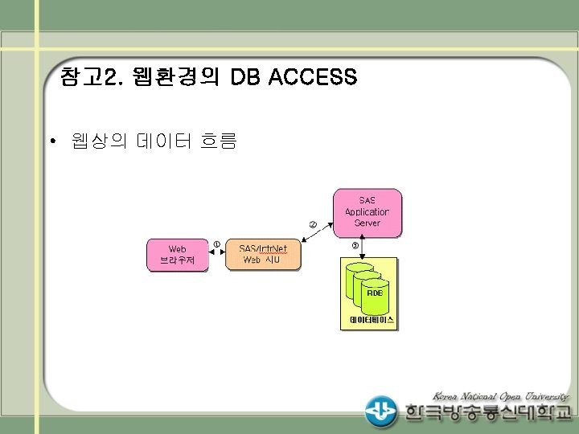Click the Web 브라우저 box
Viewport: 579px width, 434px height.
pos(177,255)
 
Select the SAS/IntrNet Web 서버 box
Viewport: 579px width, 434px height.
pos(263,255)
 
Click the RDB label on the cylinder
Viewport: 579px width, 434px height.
pos(375,293)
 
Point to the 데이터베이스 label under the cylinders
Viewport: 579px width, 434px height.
pos(372,320)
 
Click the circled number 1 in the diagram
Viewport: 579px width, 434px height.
pos(217,244)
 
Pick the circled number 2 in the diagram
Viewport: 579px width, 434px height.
pos(314,223)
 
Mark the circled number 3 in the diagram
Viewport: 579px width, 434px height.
pos(355,245)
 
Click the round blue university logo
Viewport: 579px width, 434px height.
pos(380,411)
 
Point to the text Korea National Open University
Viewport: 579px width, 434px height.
pos(501,395)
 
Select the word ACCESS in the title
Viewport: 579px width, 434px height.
pos(314,78)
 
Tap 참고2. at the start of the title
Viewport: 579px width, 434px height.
pos(89,78)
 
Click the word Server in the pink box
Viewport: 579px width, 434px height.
pos(367,223)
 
